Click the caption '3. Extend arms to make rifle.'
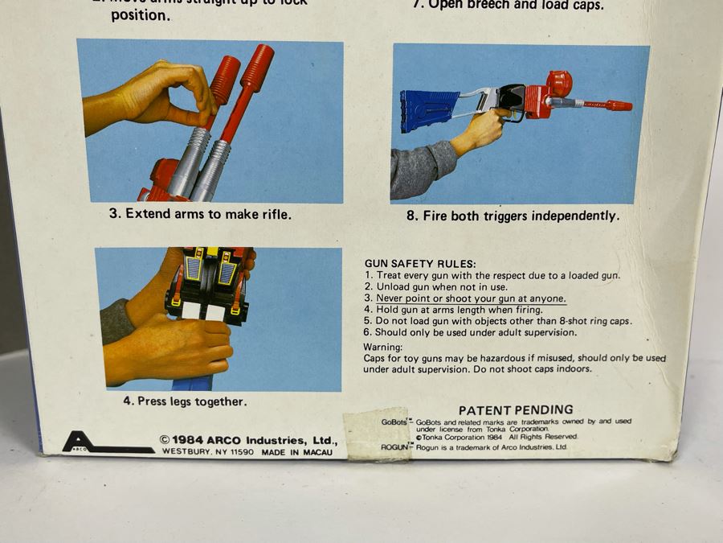200,214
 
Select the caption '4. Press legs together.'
185,401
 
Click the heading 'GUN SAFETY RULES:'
419,264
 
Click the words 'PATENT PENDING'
516,410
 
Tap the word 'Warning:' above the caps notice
383,347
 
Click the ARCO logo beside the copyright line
81,443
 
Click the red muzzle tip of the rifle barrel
619,105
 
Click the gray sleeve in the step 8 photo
422,169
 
